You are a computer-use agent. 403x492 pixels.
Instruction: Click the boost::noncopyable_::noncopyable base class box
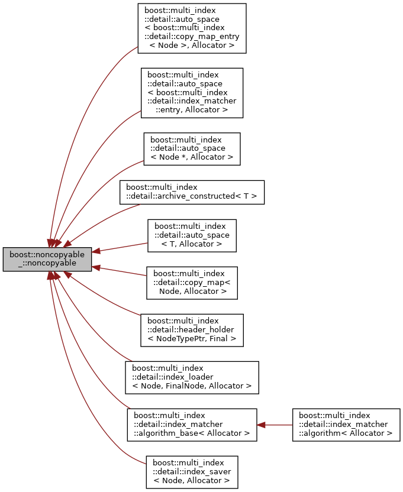[x=47, y=259]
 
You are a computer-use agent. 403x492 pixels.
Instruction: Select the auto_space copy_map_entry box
[x=192, y=28]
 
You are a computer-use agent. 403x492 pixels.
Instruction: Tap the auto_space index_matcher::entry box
[x=192, y=92]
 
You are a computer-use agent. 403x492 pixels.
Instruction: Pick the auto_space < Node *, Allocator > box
[x=192, y=148]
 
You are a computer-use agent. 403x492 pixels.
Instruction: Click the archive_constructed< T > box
[x=192, y=192]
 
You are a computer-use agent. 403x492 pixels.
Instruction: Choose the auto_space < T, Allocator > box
[x=192, y=235]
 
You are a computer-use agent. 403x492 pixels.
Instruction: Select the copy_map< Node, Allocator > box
[x=192, y=282]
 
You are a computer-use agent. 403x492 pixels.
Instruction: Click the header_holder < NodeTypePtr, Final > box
[x=192, y=329]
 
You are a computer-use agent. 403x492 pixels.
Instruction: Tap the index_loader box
[x=192, y=377]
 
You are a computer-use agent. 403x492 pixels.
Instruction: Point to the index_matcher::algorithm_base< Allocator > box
[x=192, y=425]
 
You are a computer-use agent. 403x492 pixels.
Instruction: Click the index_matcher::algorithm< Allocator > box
[x=346, y=425]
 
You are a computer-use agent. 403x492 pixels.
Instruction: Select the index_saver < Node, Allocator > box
[x=192, y=472]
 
